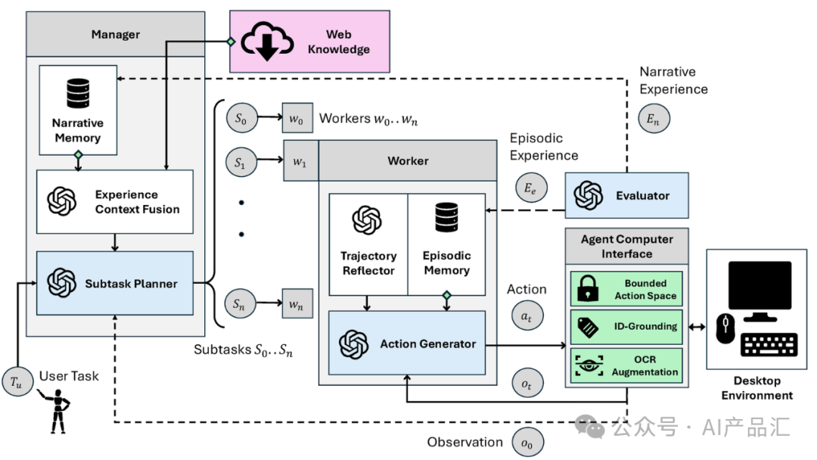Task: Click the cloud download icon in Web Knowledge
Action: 267,43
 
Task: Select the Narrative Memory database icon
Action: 77,94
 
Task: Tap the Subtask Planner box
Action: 115,284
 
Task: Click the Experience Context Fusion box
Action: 115,201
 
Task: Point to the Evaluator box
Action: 627,195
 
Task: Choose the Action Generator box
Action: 407,343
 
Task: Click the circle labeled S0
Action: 241,119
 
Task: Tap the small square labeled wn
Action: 297,306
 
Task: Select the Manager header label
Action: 116,34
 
